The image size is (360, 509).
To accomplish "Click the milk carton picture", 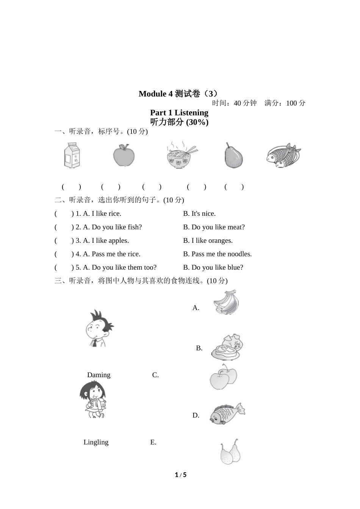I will tap(72, 155).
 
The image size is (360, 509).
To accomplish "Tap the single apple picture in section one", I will tap(124, 155).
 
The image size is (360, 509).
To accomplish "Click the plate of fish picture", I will tap(283, 155).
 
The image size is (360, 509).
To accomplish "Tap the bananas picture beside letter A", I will tap(226, 303).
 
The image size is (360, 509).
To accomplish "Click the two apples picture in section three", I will tap(223, 377).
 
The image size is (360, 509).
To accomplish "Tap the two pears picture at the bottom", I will tap(230, 452).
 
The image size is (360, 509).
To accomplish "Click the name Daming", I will tap(99, 375).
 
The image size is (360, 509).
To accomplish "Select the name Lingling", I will tap(96, 442).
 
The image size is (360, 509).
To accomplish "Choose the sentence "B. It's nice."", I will tap(199, 214).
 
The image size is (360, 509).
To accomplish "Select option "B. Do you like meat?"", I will tap(214, 227).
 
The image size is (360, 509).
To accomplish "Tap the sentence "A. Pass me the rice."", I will tap(111, 254).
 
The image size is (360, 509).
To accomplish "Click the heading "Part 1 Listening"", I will tap(179, 112).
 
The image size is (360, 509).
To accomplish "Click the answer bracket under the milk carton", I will tap(71, 187).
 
